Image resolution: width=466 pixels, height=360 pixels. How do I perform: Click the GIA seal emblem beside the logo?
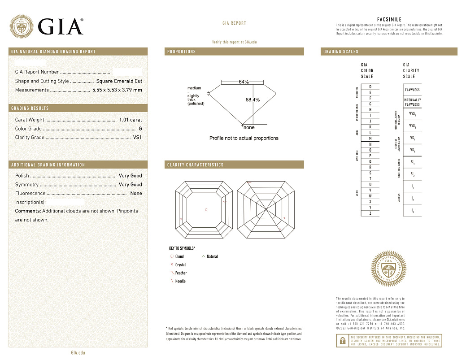click(x=22, y=26)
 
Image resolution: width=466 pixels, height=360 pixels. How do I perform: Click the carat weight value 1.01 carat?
click(x=130, y=120)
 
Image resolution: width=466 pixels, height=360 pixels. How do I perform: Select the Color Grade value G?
click(x=140, y=129)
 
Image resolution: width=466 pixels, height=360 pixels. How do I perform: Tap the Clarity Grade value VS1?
click(x=137, y=138)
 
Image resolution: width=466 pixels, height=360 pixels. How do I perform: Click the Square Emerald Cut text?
click(x=119, y=81)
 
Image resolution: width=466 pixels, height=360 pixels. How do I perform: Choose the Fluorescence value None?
click(x=136, y=193)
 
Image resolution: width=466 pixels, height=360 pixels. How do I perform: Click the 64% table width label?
click(x=244, y=82)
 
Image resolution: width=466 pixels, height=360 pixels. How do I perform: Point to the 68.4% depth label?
click(x=253, y=100)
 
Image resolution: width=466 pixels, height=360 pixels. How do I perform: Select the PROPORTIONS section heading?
click(x=182, y=52)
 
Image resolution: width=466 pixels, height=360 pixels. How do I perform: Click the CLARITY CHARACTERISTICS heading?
click(x=195, y=165)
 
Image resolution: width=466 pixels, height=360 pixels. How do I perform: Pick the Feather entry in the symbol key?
click(x=181, y=273)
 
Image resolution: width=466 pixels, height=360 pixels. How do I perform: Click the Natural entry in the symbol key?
click(x=212, y=256)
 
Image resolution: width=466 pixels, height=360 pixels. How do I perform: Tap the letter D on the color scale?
click(x=370, y=87)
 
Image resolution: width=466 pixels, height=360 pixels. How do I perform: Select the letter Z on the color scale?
click(x=370, y=213)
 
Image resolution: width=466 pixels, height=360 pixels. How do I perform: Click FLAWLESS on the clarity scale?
click(x=412, y=90)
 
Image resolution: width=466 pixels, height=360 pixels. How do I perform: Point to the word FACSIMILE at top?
click(x=389, y=20)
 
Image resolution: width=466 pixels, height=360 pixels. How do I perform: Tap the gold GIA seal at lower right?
click(x=389, y=269)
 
